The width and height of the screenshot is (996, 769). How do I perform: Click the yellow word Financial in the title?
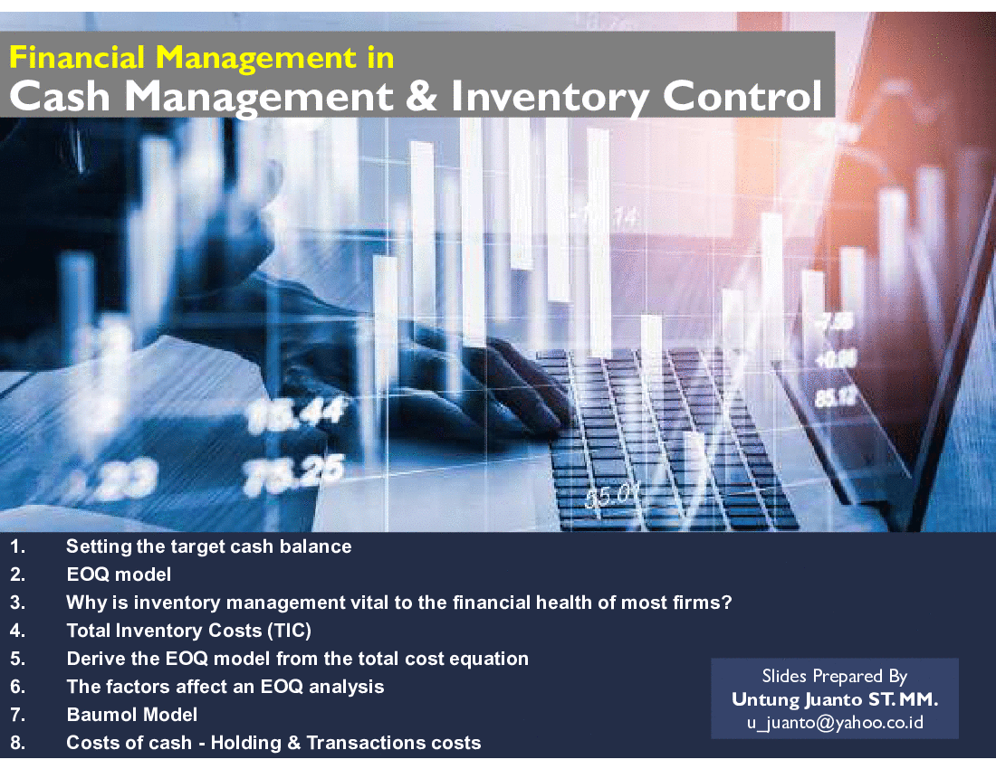pos(77,57)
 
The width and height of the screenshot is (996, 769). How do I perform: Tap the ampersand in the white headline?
pos(421,96)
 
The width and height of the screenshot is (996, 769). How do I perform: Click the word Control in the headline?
pos(742,96)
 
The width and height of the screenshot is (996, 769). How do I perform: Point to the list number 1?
pos(17,546)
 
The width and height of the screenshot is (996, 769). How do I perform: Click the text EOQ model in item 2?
pos(119,574)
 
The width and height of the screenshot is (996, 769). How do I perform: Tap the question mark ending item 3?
pos(726,602)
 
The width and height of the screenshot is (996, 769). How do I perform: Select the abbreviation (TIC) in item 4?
pos(290,630)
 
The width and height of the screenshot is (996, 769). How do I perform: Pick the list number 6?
pos(18,687)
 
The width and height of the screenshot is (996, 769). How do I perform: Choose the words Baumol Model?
pos(132,715)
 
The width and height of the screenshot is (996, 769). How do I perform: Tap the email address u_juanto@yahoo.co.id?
pos(835,723)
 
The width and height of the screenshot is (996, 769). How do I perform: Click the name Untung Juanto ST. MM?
pos(835,699)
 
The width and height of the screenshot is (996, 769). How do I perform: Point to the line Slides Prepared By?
pos(835,677)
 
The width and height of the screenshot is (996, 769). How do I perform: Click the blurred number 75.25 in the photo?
pos(293,473)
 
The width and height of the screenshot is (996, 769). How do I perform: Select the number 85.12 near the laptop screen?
pos(836,398)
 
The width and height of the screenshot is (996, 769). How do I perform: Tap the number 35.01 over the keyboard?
pos(610,495)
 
